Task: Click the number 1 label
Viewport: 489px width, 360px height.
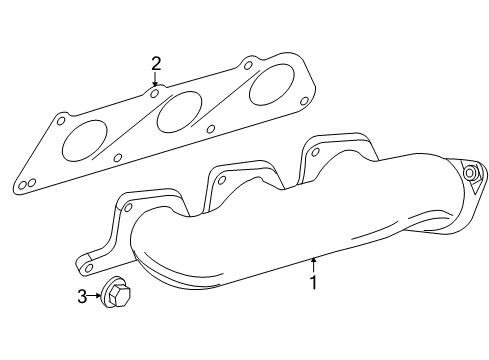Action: click(313, 283)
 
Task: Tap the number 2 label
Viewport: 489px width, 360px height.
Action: click(156, 65)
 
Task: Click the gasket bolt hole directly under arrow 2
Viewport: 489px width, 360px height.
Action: click(156, 93)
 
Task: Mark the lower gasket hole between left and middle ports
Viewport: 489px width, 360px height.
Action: click(118, 157)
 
